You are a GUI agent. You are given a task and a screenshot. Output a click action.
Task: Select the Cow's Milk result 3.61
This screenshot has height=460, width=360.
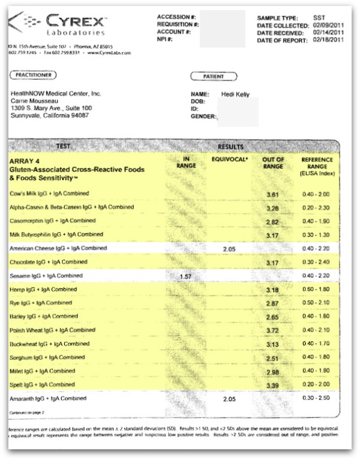coord(273,195)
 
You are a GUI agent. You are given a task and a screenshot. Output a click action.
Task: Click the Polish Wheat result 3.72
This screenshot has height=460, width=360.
coord(273,330)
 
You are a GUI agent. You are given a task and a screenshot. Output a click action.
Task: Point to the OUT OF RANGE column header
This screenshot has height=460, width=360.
coord(273,163)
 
